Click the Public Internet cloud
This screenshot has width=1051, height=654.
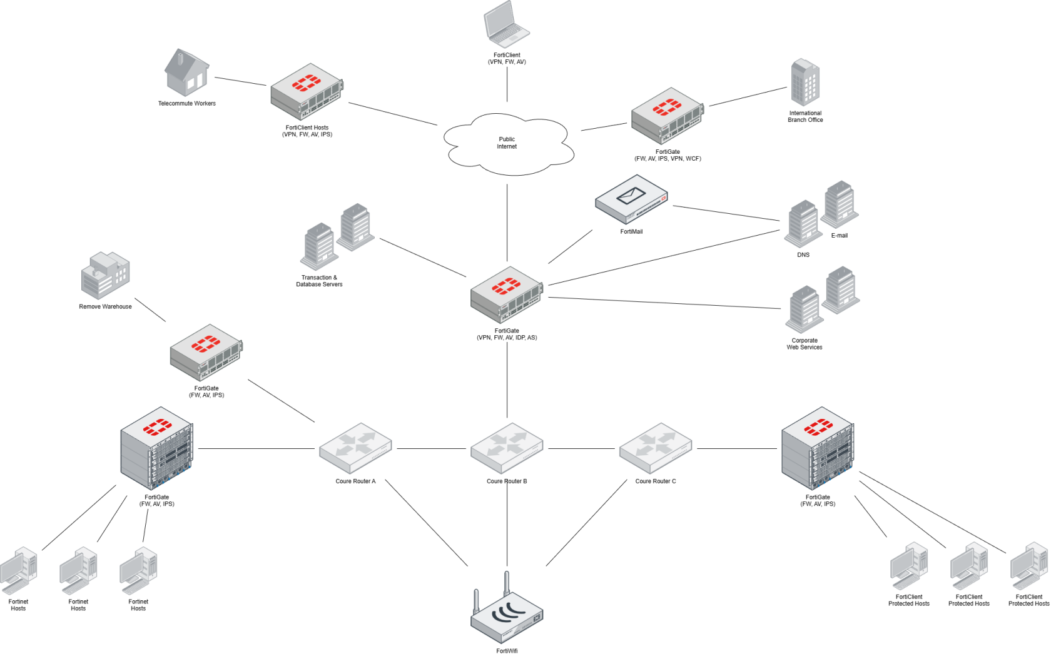pyautogui.click(x=508, y=144)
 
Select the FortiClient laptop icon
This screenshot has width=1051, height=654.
pyautogui.click(x=507, y=24)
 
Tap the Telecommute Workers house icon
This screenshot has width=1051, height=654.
pyautogui.click(x=186, y=72)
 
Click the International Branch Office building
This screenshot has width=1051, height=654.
pyautogui.click(x=805, y=82)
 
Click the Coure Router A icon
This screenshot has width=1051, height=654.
pyautogui.click(x=355, y=448)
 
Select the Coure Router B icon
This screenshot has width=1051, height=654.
pyautogui.click(x=507, y=448)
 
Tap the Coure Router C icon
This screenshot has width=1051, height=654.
pyautogui.click(x=656, y=448)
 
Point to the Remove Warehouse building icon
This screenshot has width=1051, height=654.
pyautogui.click(x=105, y=276)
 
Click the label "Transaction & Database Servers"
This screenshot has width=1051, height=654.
pyautogui.click(x=319, y=281)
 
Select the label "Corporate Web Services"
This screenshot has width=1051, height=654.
pyautogui.click(x=805, y=344)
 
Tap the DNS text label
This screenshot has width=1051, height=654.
pyautogui.click(x=803, y=254)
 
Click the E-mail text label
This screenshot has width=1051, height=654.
pyautogui.click(x=840, y=235)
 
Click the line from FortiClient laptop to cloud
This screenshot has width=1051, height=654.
pyautogui.click(x=507, y=85)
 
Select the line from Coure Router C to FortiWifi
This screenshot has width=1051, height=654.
pyautogui.click(x=587, y=523)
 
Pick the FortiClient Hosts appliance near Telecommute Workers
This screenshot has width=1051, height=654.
pyautogui.click(x=307, y=92)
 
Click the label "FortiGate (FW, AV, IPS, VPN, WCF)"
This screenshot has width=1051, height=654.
pyautogui.click(x=668, y=155)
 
